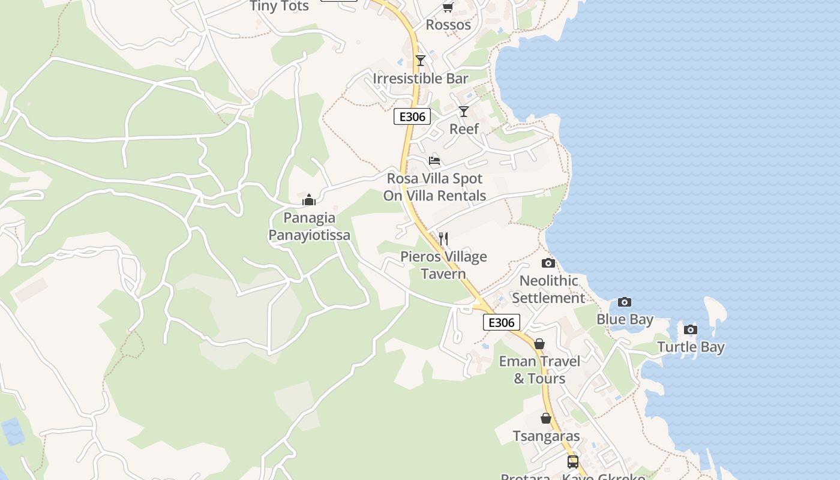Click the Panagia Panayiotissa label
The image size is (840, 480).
pos(309,226)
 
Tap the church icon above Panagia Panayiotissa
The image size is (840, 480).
pos(309,200)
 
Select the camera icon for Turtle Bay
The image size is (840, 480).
pos(691,329)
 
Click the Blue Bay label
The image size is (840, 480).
pos(625,319)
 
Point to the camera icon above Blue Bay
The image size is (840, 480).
pos(625,302)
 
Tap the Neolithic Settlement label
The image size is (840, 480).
pos(548,289)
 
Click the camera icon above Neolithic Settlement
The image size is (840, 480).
pos(548,263)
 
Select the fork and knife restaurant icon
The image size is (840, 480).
pos(443,239)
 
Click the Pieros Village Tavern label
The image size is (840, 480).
pos(443,265)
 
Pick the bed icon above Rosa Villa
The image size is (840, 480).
pos(434,160)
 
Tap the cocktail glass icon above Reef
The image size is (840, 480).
pos(464,112)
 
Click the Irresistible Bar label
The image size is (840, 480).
pos(421,79)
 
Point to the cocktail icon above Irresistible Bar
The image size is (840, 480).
pos(421,61)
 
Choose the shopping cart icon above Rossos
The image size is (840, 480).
pos(448,7)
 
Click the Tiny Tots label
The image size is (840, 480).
pos(280,7)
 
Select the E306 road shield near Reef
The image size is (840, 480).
pos(412,116)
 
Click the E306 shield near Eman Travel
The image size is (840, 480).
pos(502,322)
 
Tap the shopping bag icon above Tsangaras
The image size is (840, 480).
pos(546,418)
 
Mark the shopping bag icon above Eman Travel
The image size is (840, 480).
pos(539,344)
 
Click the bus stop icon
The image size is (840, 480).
pos(573,461)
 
